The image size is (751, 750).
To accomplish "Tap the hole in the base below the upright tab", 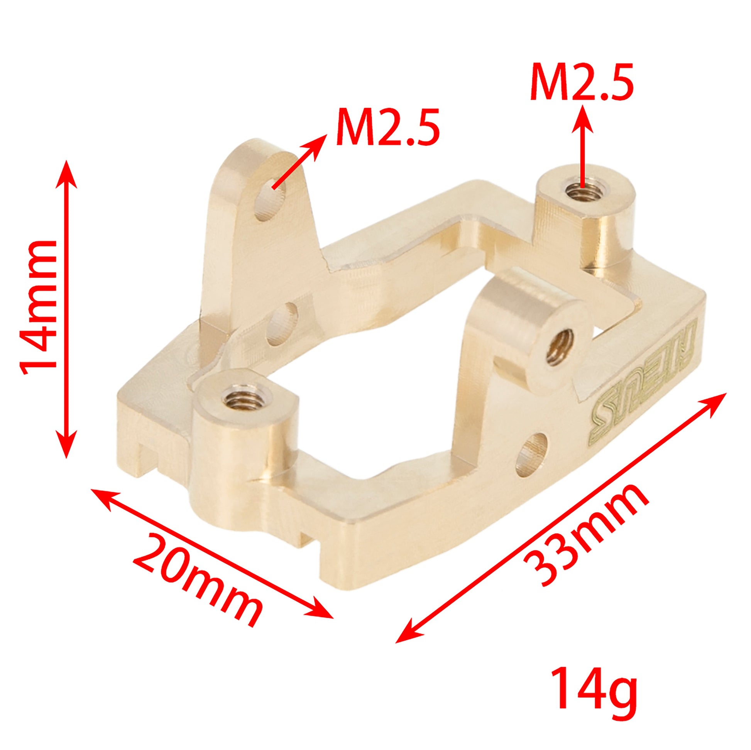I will [x=282, y=325].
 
